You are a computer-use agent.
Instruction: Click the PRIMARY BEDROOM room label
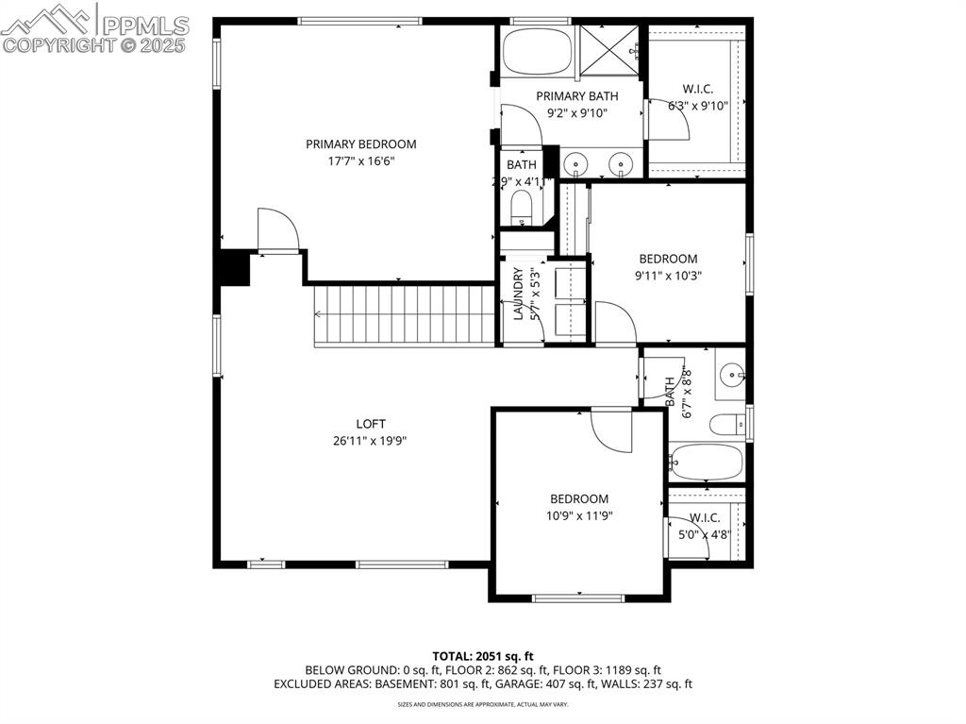(360, 144)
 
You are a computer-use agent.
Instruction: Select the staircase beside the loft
(405, 315)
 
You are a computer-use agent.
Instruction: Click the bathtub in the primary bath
(536, 51)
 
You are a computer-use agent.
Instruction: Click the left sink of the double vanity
(575, 164)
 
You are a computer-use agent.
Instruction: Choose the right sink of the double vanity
(621, 164)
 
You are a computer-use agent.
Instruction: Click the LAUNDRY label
(518, 295)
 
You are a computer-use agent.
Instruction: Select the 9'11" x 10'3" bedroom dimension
(668, 276)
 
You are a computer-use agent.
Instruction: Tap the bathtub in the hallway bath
(706, 463)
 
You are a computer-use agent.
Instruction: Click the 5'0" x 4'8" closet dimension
(706, 534)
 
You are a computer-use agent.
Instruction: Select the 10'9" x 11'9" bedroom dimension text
(579, 515)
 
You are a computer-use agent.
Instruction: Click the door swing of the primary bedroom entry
(277, 229)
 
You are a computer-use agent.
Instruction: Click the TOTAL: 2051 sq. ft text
(483, 656)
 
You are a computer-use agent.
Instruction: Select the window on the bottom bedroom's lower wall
(577, 597)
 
